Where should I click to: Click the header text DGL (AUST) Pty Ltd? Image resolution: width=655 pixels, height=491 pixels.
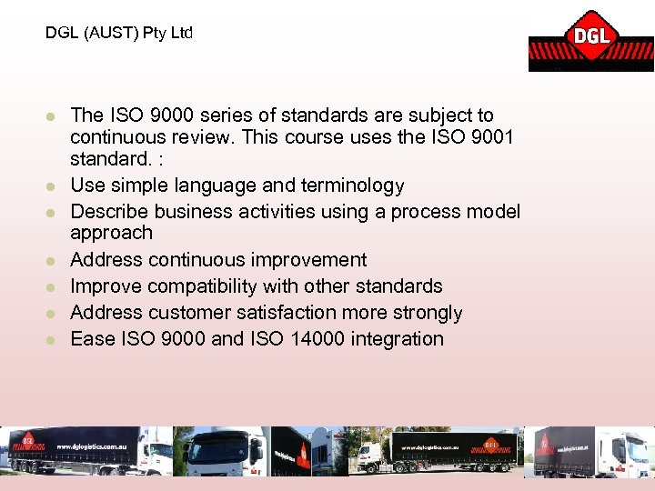pos(119,34)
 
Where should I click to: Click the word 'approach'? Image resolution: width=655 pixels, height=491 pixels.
pos(111,234)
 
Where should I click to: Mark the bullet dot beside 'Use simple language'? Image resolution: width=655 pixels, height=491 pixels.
pos(53,186)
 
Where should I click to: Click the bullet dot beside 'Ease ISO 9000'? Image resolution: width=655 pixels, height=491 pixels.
pos(53,340)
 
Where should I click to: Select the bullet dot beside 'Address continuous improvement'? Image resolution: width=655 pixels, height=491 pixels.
pos(53,261)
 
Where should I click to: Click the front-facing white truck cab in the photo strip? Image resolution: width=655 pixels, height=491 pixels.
pos(222,452)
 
